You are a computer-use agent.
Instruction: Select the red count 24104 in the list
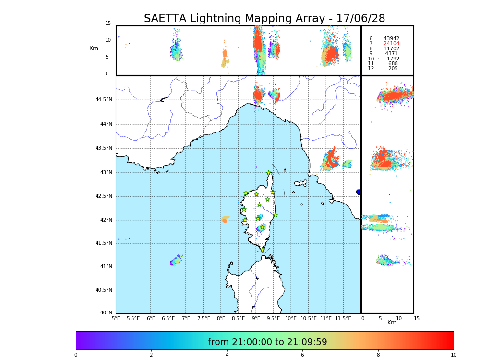[391, 44]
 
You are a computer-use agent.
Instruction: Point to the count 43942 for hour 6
[391, 38]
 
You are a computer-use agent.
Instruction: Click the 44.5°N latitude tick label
[104, 100]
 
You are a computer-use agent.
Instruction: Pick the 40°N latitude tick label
[106, 313]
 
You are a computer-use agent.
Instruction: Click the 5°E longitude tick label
[116, 318]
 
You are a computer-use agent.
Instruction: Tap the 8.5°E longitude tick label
[238, 318]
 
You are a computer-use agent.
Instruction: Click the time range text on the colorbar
[267, 342]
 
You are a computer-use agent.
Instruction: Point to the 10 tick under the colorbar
[453, 355]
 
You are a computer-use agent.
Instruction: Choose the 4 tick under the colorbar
[227, 355]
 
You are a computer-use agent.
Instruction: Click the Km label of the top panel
[94, 48]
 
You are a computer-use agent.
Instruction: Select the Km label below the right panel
[392, 323]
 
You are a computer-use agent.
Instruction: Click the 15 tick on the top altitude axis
[108, 24]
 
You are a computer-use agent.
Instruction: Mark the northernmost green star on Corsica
[269, 173]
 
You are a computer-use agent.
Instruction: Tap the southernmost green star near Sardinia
[262, 250]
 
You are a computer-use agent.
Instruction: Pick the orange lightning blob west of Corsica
[225, 219]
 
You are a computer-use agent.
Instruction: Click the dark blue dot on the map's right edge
[358, 192]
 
